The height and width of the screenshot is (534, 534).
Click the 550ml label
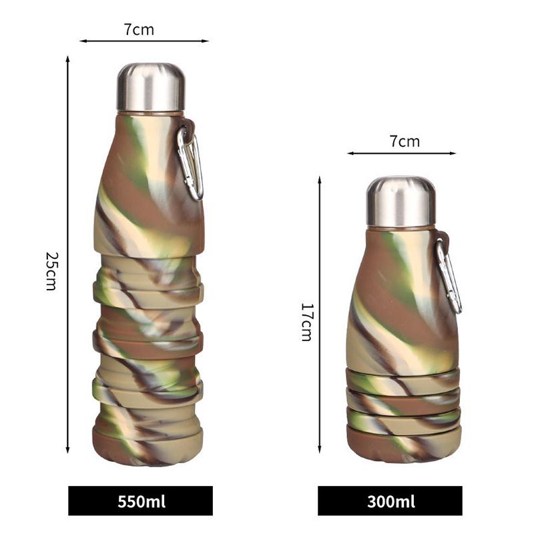[x=141, y=501]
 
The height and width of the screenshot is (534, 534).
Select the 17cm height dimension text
[x=306, y=322]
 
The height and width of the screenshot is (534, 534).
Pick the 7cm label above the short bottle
[x=405, y=141]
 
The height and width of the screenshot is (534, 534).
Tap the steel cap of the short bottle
[x=400, y=202]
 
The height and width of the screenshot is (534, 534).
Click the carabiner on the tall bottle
[x=191, y=162]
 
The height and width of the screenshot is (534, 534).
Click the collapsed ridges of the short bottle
[x=403, y=400]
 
